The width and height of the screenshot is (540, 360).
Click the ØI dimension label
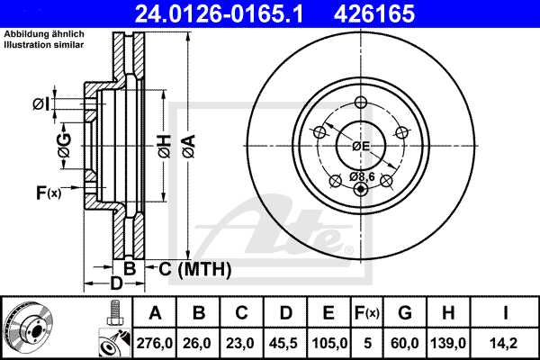tap(40, 104)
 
